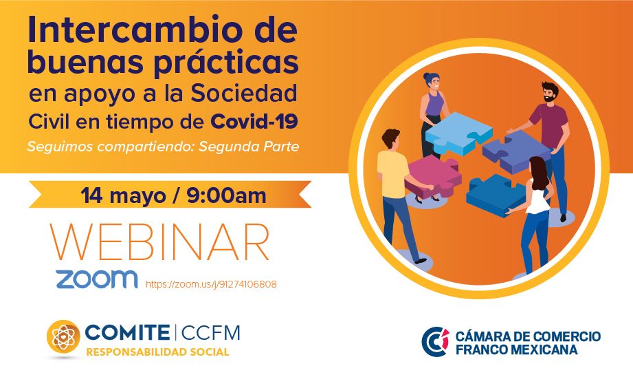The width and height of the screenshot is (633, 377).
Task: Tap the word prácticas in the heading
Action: [227, 63]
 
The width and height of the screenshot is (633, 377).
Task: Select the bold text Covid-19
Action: [254, 121]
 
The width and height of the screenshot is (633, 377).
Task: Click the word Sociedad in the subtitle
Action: [244, 93]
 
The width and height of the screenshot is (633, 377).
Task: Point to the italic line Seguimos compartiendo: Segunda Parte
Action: [163, 147]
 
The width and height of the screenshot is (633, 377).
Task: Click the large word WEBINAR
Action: [159, 242]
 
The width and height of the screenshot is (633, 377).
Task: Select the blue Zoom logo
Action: [96, 279]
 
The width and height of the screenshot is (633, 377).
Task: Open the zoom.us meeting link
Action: [211, 284]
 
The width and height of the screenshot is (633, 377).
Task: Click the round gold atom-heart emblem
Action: [63, 336]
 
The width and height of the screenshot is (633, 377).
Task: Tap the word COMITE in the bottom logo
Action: [127, 332]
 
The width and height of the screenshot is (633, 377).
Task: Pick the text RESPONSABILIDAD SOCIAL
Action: [157, 352]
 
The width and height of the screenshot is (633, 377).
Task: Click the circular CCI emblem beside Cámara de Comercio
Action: [436, 342]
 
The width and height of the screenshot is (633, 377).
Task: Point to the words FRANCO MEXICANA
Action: [517, 349]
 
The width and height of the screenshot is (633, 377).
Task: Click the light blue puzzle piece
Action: [458, 133]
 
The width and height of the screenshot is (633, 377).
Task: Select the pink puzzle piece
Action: [434, 176]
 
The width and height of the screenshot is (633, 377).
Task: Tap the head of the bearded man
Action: [549, 92]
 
